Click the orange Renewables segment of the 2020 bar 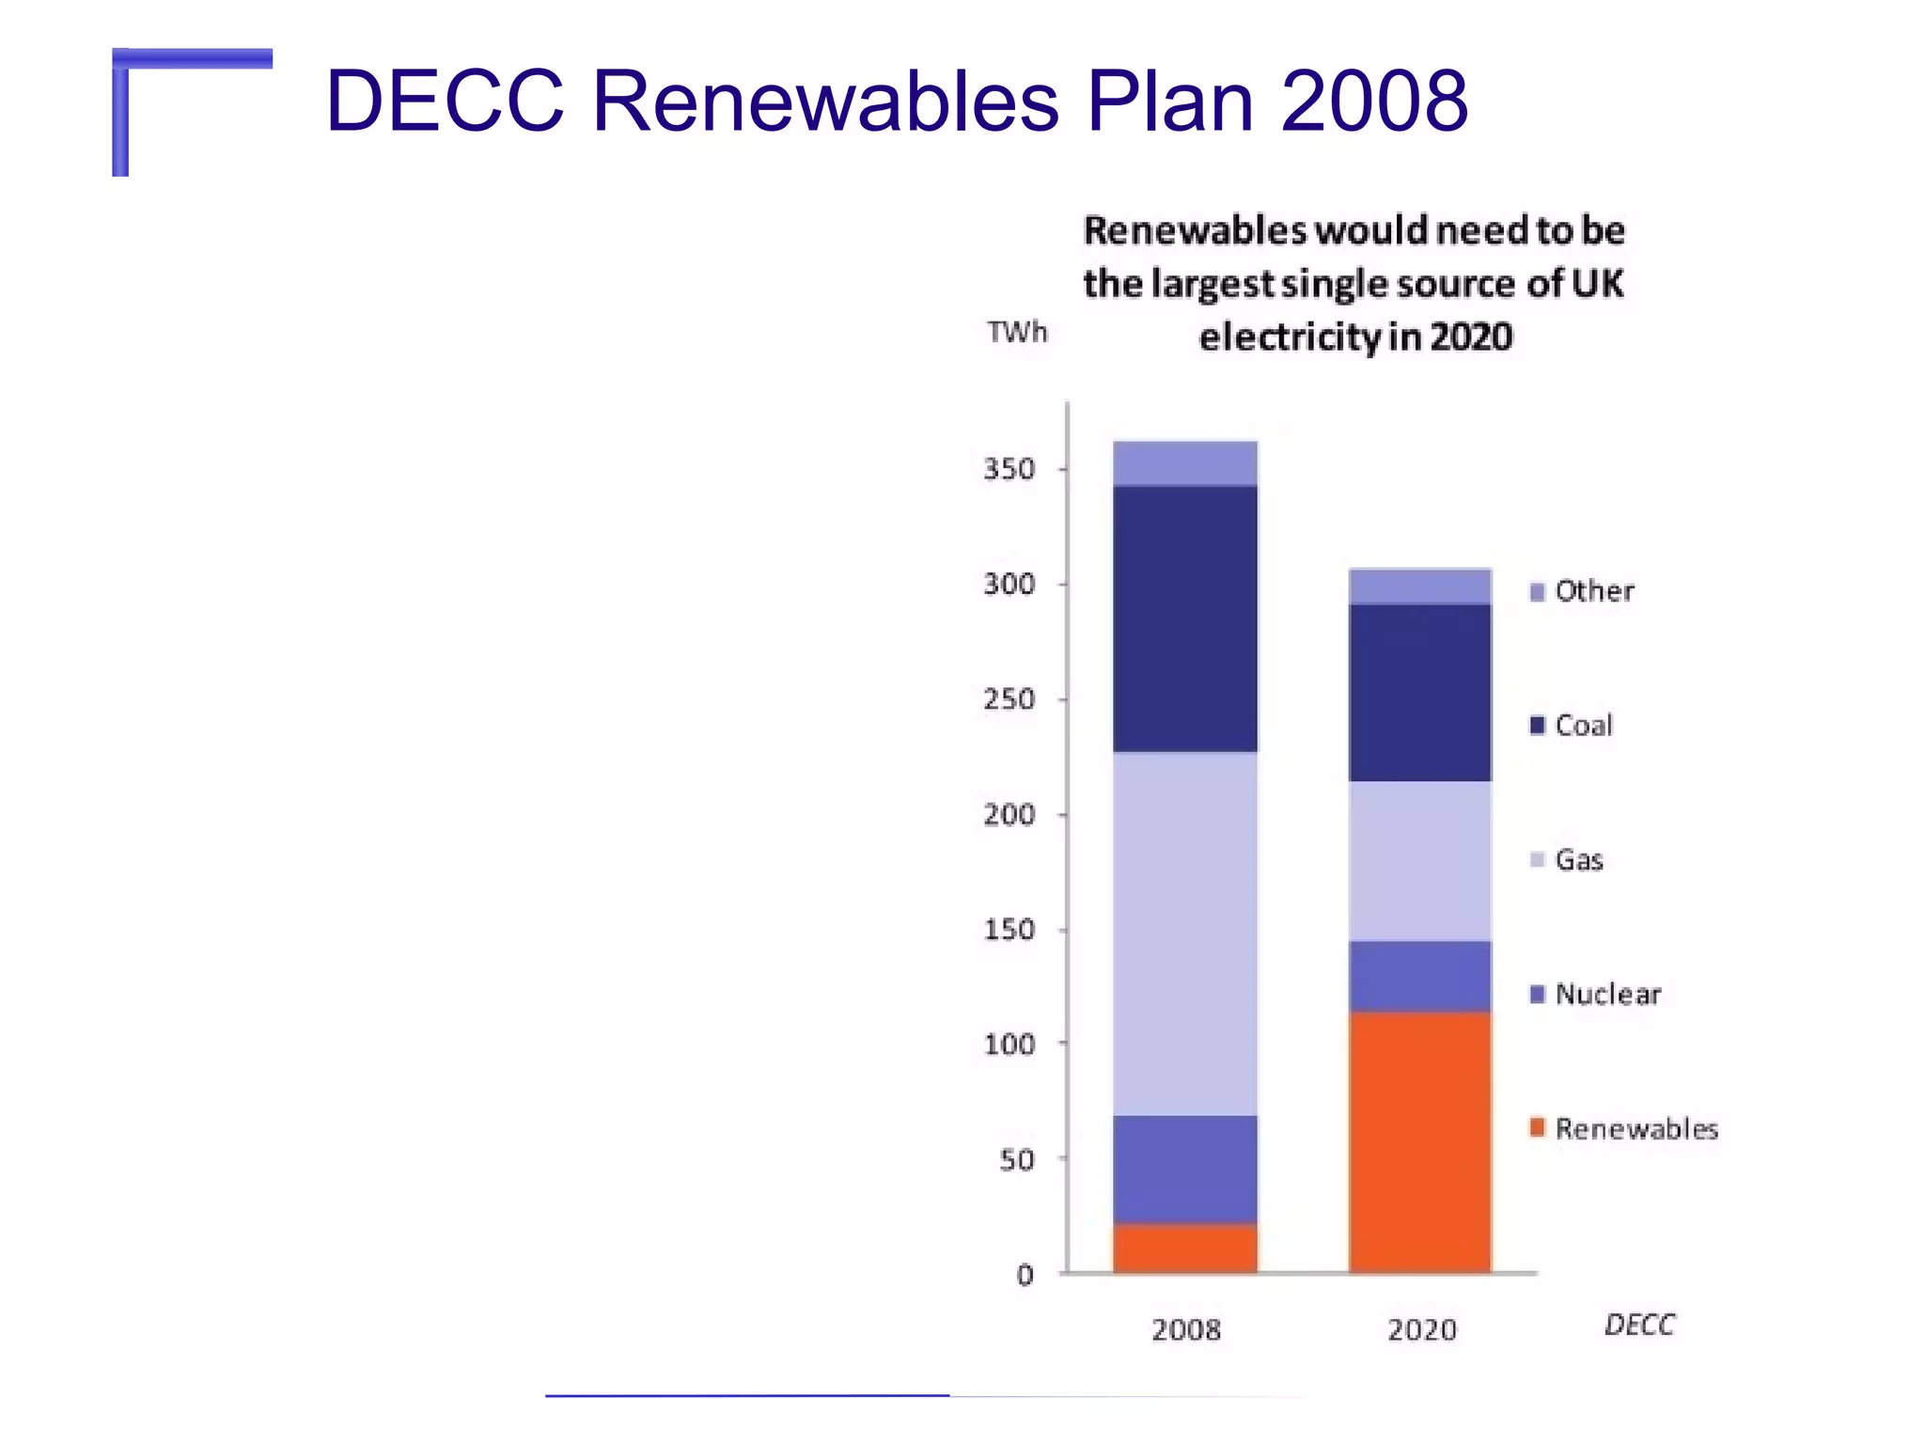[x=1419, y=1141]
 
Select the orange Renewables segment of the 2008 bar [x=1184, y=1248]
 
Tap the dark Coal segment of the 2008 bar [x=1184, y=618]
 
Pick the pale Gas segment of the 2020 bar [x=1419, y=860]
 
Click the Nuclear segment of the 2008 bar [x=1184, y=1169]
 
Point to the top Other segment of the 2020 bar [x=1419, y=586]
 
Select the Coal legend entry [x=1572, y=726]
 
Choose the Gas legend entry [x=1567, y=860]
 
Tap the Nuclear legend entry [x=1595, y=995]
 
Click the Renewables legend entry [x=1623, y=1128]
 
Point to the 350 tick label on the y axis [x=1009, y=469]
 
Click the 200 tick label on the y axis [x=1009, y=814]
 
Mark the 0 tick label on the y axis [x=1025, y=1275]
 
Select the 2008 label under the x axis [x=1185, y=1329]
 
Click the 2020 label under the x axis [x=1421, y=1329]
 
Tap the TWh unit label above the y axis [x=1016, y=332]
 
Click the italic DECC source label [x=1639, y=1325]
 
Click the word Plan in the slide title [x=1169, y=101]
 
